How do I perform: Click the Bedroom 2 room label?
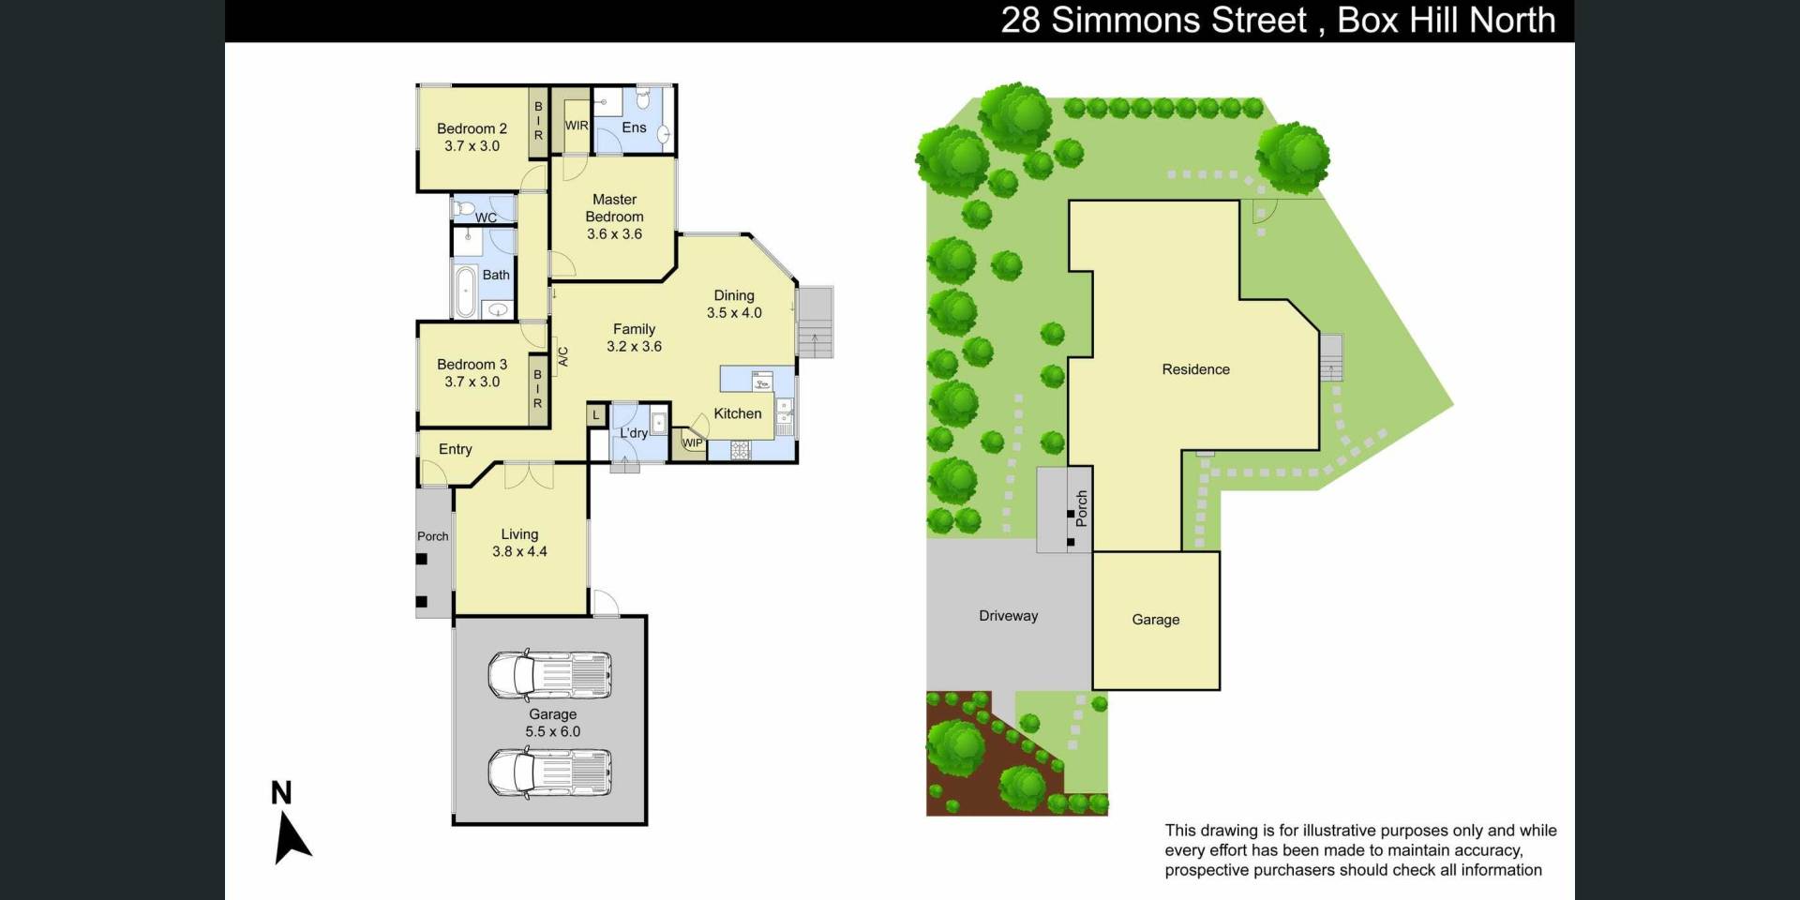pyautogui.click(x=472, y=128)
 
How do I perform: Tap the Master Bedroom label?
pyautogui.click(x=614, y=208)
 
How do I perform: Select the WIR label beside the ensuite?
pyautogui.click(x=577, y=126)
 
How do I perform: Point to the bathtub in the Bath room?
pyautogui.click(x=465, y=292)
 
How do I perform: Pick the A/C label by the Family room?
pyautogui.click(x=563, y=356)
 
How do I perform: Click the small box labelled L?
pyautogui.click(x=596, y=414)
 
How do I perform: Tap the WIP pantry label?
pyautogui.click(x=692, y=443)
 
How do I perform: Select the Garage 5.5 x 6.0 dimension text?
pyautogui.click(x=553, y=731)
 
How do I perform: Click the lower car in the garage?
pyautogui.click(x=549, y=773)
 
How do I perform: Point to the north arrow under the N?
pyautogui.click(x=291, y=837)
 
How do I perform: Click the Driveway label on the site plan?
pyautogui.click(x=1009, y=616)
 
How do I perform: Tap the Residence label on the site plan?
pyautogui.click(x=1195, y=369)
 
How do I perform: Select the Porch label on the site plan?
pyautogui.click(x=1081, y=507)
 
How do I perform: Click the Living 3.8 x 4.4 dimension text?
pyautogui.click(x=519, y=551)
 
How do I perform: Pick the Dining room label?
pyautogui.click(x=734, y=295)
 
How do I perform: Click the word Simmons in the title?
pyautogui.click(x=1178, y=20)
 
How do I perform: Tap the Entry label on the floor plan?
pyautogui.click(x=456, y=449)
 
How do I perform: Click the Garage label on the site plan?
pyautogui.click(x=1155, y=620)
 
